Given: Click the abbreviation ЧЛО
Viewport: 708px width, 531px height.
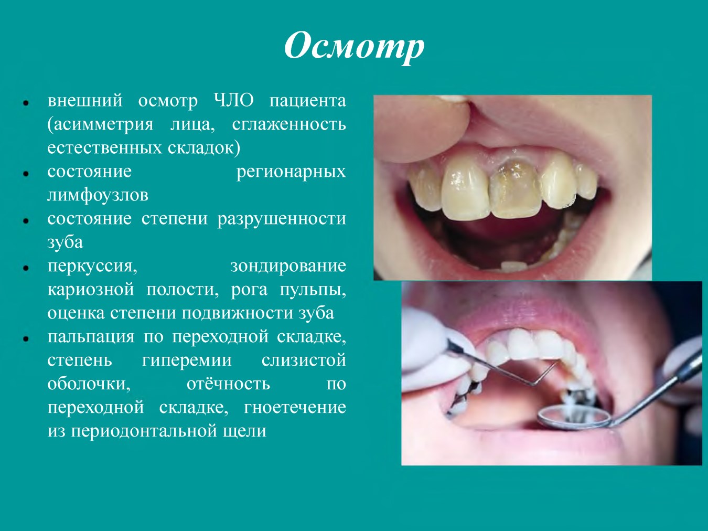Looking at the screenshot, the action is [x=234, y=101].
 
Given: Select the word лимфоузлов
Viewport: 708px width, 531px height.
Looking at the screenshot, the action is [x=98, y=195].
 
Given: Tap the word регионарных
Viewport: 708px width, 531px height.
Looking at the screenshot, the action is [x=291, y=172].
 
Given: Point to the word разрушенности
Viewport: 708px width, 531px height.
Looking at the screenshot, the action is [x=282, y=219].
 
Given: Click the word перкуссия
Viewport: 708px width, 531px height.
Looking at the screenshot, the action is [x=92, y=267].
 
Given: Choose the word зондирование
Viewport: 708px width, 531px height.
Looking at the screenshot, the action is [x=288, y=266].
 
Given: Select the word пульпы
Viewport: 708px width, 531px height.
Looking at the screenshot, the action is [x=313, y=290].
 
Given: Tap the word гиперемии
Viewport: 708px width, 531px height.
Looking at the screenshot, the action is [x=187, y=360].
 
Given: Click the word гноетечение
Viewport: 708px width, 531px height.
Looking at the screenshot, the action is [x=295, y=408].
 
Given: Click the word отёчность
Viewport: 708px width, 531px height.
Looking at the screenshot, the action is [x=228, y=384].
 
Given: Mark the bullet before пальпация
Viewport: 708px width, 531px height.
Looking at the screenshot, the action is [x=26, y=339].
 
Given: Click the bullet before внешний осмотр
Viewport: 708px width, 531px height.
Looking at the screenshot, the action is [x=26, y=103].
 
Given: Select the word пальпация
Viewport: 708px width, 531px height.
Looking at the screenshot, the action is [x=91, y=337].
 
